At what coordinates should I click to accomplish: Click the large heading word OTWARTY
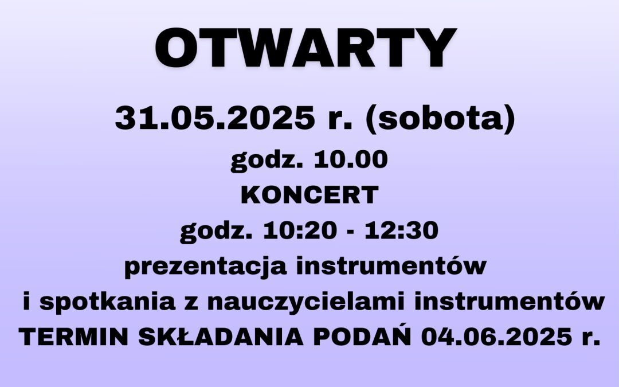click(x=306, y=48)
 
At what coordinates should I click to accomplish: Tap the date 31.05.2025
click(x=215, y=118)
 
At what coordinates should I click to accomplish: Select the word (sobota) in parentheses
click(x=440, y=119)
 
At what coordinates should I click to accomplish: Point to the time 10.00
click(x=351, y=159)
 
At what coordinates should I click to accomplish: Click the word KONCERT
click(x=309, y=195)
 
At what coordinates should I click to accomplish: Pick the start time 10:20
click(x=300, y=230)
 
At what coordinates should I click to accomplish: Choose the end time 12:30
click(x=401, y=230)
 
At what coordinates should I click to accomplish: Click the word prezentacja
click(x=205, y=267)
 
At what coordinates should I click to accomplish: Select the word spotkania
click(x=107, y=303)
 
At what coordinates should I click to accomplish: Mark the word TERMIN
click(x=73, y=337)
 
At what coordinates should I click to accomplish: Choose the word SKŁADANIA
click(x=221, y=337)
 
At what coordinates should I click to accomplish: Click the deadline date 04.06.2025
click(x=496, y=337)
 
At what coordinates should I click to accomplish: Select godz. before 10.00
click(x=267, y=161)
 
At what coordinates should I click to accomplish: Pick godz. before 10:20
click(x=216, y=232)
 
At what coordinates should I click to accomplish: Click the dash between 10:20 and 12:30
click(x=351, y=232)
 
